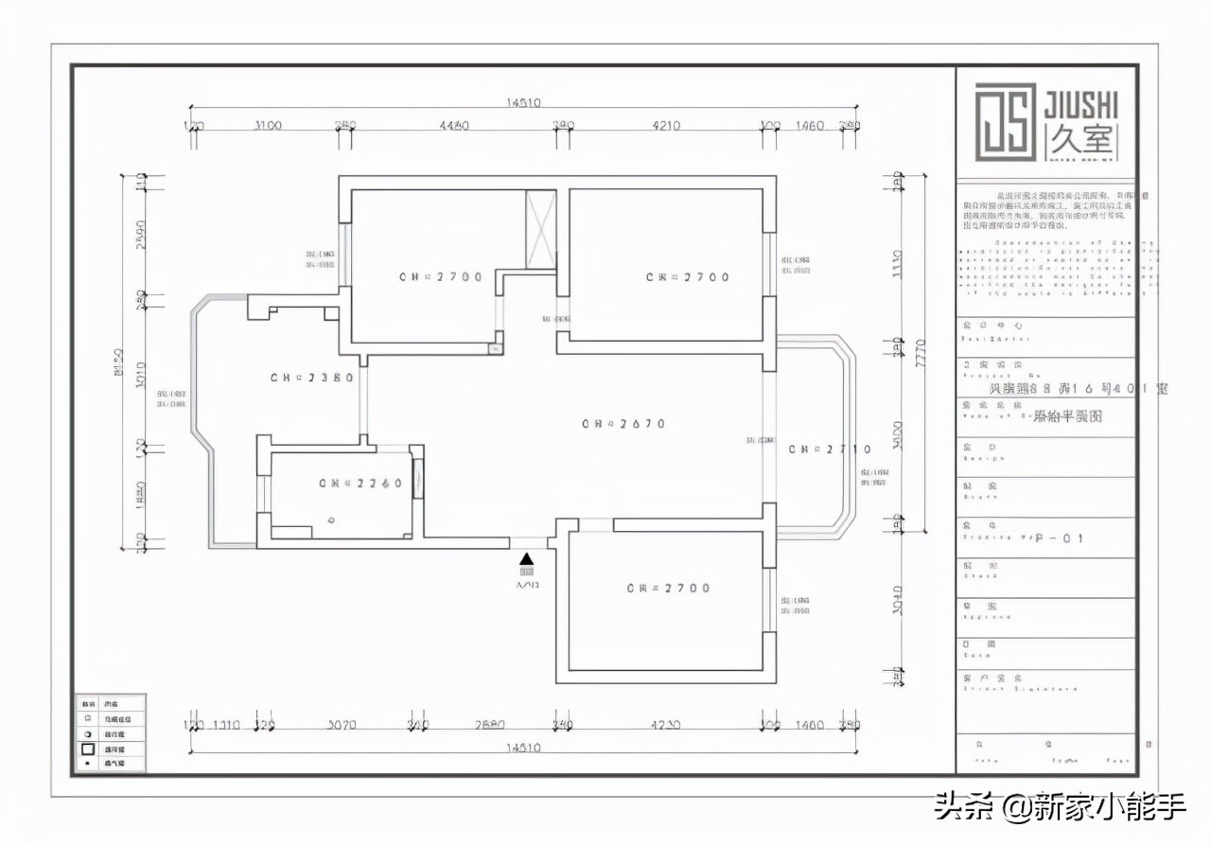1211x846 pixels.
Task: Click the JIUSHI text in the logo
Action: point(1081,103)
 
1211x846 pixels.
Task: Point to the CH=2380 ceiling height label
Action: point(312,378)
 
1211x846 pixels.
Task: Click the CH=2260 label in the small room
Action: point(360,484)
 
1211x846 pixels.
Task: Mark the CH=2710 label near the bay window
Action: point(830,449)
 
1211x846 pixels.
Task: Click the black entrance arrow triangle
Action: point(527,559)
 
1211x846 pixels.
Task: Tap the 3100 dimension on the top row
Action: point(268,126)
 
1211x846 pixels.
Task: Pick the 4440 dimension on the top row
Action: point(455,126)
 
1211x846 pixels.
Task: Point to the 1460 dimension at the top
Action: point(809,126)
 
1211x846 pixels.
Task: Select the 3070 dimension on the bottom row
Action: point(342,726)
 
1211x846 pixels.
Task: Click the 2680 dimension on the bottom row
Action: point(490,726)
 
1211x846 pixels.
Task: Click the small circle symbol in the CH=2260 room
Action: point(331,520)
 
